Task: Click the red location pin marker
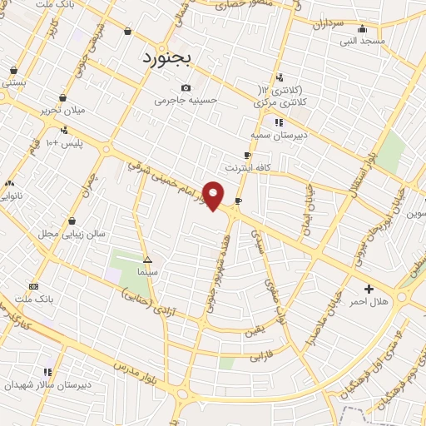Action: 214,196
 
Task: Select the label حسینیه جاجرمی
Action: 186,101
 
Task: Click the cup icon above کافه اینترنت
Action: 247,156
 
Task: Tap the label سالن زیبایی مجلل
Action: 74,234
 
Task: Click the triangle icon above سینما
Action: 146,259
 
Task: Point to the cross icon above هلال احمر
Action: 369,289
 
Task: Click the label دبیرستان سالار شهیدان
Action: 47,385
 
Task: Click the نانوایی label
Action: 13,196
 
